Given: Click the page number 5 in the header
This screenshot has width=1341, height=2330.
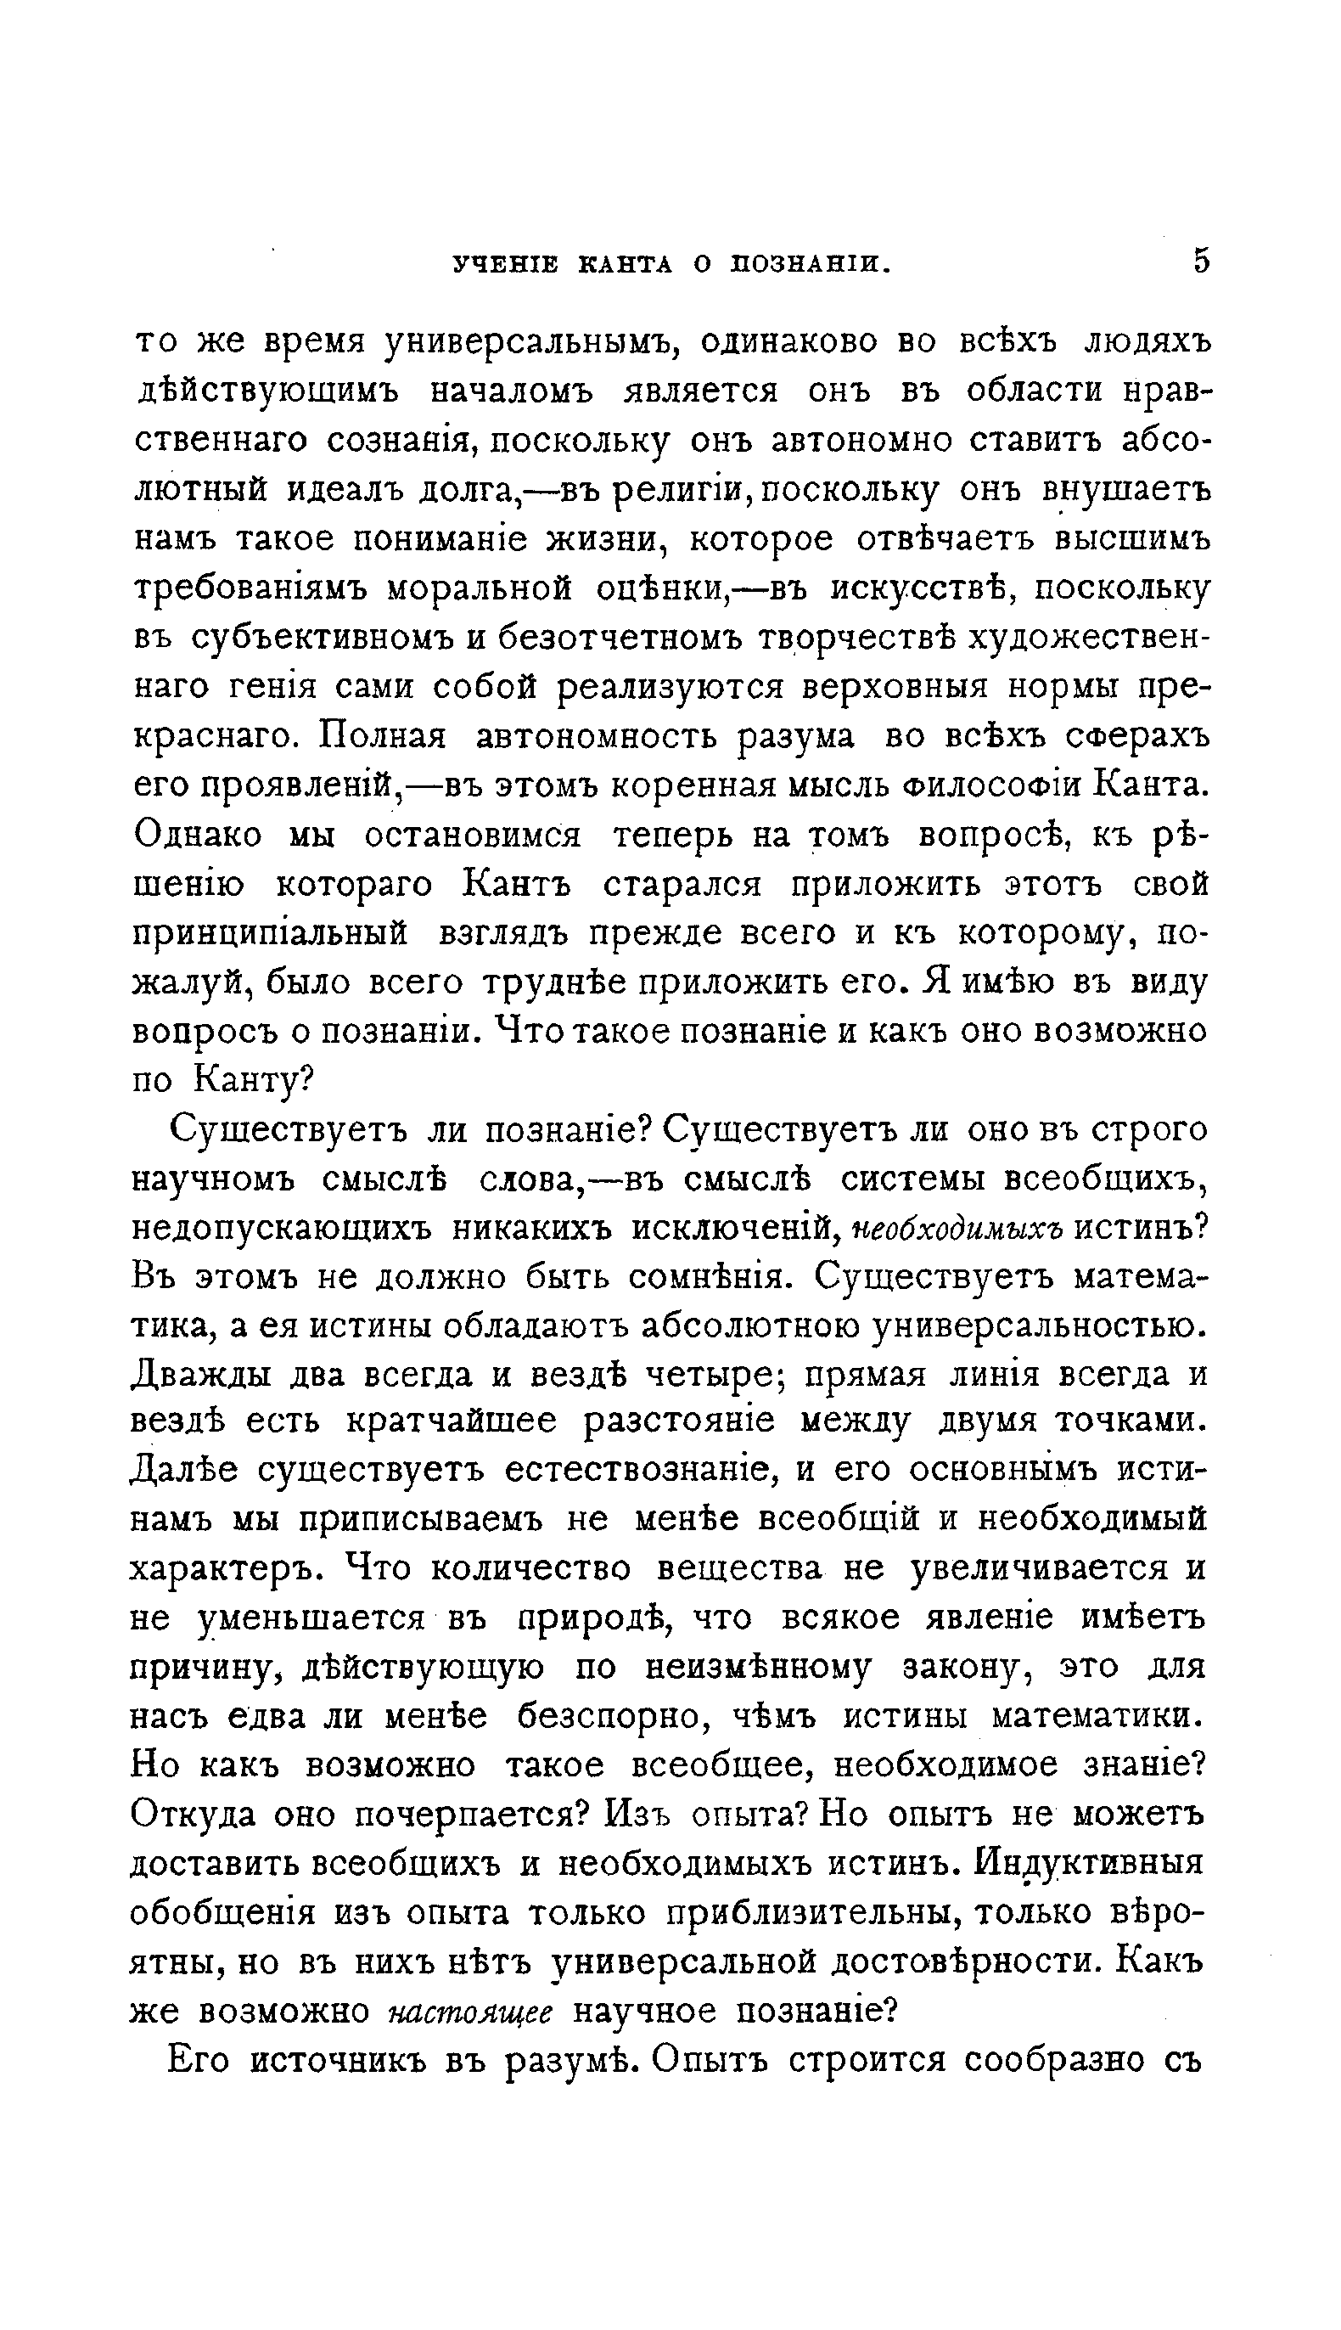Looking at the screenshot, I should pos(1200,262).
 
